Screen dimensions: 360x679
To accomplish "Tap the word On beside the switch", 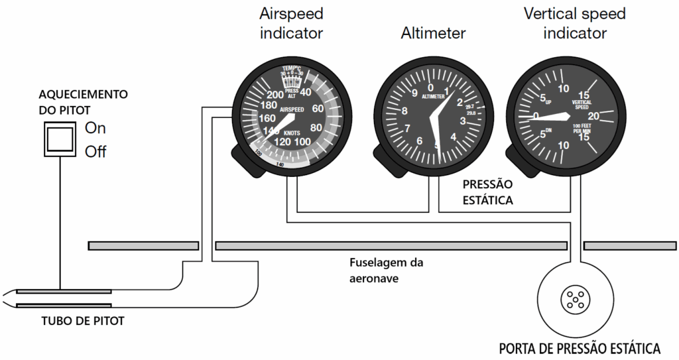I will [x=95, y=128].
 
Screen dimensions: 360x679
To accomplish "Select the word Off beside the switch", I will [x=95, y=152].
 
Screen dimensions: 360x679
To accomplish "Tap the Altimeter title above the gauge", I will [x=433, y=32].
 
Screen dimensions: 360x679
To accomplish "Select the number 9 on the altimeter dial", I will [x=414, y=93].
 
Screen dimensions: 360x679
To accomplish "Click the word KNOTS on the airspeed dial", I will [x=290, y=132].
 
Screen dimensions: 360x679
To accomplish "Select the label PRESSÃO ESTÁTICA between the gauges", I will [x=488, y=193].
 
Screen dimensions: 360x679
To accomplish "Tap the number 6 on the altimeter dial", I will [x=419, y=141].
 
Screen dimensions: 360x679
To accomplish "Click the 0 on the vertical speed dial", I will [x=535, y=115].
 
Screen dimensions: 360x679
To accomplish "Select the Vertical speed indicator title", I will [x=575, y=23].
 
